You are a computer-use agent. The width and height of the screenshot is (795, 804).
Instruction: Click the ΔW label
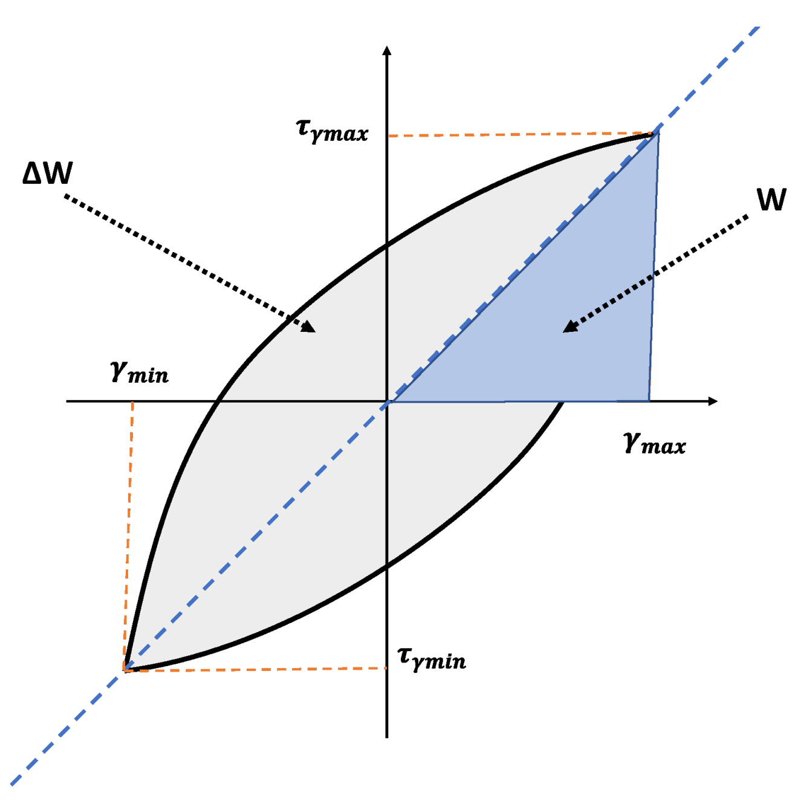(47, 173)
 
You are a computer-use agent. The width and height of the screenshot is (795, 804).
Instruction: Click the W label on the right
(771, 199)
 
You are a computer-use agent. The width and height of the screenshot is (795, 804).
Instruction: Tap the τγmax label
(332, 131)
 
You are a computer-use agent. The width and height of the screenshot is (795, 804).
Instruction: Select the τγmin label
(432, 658)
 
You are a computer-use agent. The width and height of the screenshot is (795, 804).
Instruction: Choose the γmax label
(654, 444)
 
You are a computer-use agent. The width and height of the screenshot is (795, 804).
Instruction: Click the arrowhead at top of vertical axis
(387, 50)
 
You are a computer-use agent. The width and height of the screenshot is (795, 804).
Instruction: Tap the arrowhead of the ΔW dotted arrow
(310, 327)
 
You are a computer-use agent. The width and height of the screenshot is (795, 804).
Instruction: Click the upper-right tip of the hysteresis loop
(656, 134)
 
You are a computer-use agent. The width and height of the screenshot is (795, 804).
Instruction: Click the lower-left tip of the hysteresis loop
(126, 669)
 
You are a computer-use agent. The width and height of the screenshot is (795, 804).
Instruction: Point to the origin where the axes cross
(387, 401)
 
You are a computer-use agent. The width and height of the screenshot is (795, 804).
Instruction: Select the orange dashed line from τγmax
(520, 135)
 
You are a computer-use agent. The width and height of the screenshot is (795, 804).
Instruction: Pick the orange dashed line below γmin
(129, 532)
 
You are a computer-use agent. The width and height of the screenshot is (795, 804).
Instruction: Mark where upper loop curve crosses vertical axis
(387, 245)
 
